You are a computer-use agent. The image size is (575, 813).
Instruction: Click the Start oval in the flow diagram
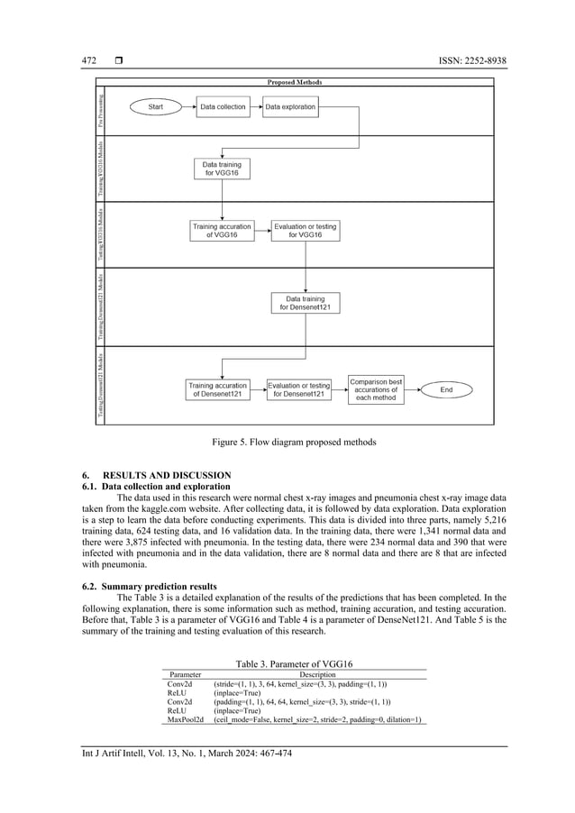point(156,107)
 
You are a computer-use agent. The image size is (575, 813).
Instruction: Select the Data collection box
point(223,107)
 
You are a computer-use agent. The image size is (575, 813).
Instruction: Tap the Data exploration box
point(290,107)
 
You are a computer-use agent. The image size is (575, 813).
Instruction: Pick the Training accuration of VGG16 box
point(222,230)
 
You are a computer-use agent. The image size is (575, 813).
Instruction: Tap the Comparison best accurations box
point(376,389)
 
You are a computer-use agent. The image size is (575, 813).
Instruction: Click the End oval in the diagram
point(446,389)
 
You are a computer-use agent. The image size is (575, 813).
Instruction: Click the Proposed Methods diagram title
point(295,82)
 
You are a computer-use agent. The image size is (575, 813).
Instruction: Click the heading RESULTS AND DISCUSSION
point(167,475)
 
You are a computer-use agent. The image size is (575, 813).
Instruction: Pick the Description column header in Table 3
point(316,674)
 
